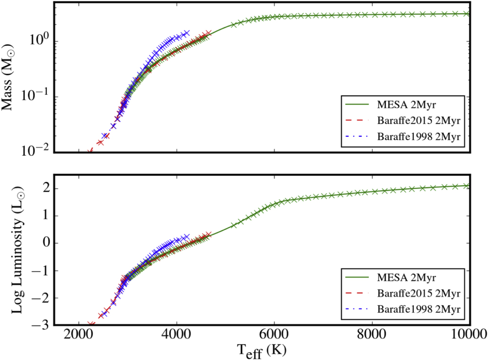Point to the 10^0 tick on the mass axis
click(x=40, y=40)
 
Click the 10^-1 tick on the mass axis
click(x=36, y=95)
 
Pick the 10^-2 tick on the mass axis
click(x=36, y=150)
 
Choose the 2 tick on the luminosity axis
click(x=46, y=189)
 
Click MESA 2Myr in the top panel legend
click(x=406, y=105)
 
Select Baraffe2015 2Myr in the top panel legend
click(x=419, y=121)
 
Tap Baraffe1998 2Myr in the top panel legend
click(x=419, y=136)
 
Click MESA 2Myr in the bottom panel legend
click(x=406, y=277)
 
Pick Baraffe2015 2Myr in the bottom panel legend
click(x=419, y=294)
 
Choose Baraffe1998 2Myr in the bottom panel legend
click(x=419, y=309)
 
